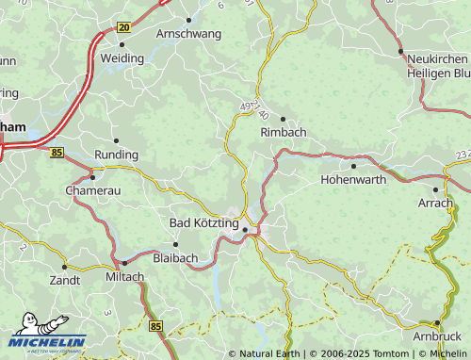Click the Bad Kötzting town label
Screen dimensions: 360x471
coord(203,222)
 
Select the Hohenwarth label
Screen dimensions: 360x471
coord(353,178)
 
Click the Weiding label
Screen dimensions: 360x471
coord(122,57)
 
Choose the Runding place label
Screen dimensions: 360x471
coord(117,155)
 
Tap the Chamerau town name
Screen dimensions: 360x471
coord(92,190)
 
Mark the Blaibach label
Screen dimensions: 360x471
coord(175,256)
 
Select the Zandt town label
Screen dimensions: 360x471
coord(64,280)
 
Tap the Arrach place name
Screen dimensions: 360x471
coord(435,203)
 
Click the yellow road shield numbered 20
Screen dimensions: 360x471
coord(124,28)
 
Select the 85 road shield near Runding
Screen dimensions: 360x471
coord(58,152)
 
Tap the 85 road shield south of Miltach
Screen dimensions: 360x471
coord(155,326)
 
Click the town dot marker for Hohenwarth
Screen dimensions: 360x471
coord(353,166)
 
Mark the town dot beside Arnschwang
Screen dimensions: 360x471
coord(188,20)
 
